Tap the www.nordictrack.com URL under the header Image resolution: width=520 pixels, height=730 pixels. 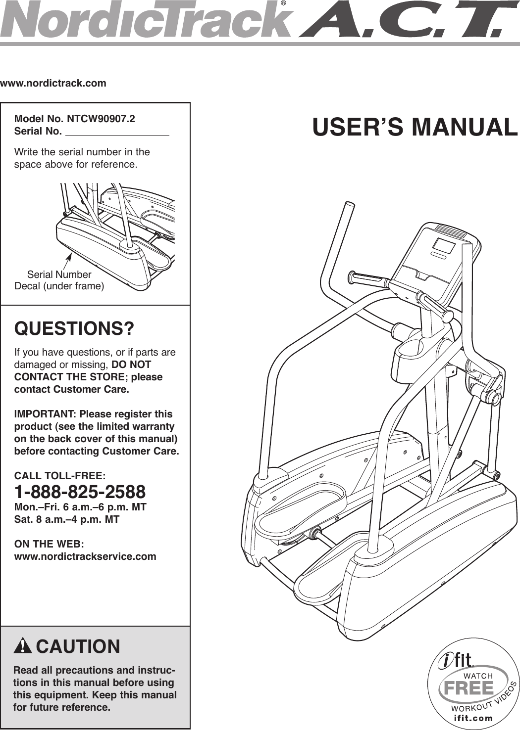point(53,83)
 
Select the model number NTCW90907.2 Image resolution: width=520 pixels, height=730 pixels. point(101,119)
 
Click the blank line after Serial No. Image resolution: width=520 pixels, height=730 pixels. point(117,132)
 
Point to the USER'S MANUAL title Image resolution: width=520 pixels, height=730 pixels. point(415,127)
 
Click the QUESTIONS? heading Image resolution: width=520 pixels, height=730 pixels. point(74,329)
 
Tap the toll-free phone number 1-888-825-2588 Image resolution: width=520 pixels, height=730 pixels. point(80,492)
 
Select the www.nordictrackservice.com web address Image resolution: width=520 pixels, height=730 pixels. point(85,556)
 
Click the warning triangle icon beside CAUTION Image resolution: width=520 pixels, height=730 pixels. point(23,646)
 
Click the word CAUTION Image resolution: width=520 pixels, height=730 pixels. point(78,647)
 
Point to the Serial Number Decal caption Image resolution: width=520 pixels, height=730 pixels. point(59,280)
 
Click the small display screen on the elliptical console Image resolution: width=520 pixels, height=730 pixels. point(443,246)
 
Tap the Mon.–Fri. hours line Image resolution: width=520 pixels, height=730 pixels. point(80,507)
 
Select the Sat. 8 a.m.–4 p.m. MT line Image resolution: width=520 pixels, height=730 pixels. point(67,520)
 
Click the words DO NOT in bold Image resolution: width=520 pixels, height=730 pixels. point(131,365)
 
